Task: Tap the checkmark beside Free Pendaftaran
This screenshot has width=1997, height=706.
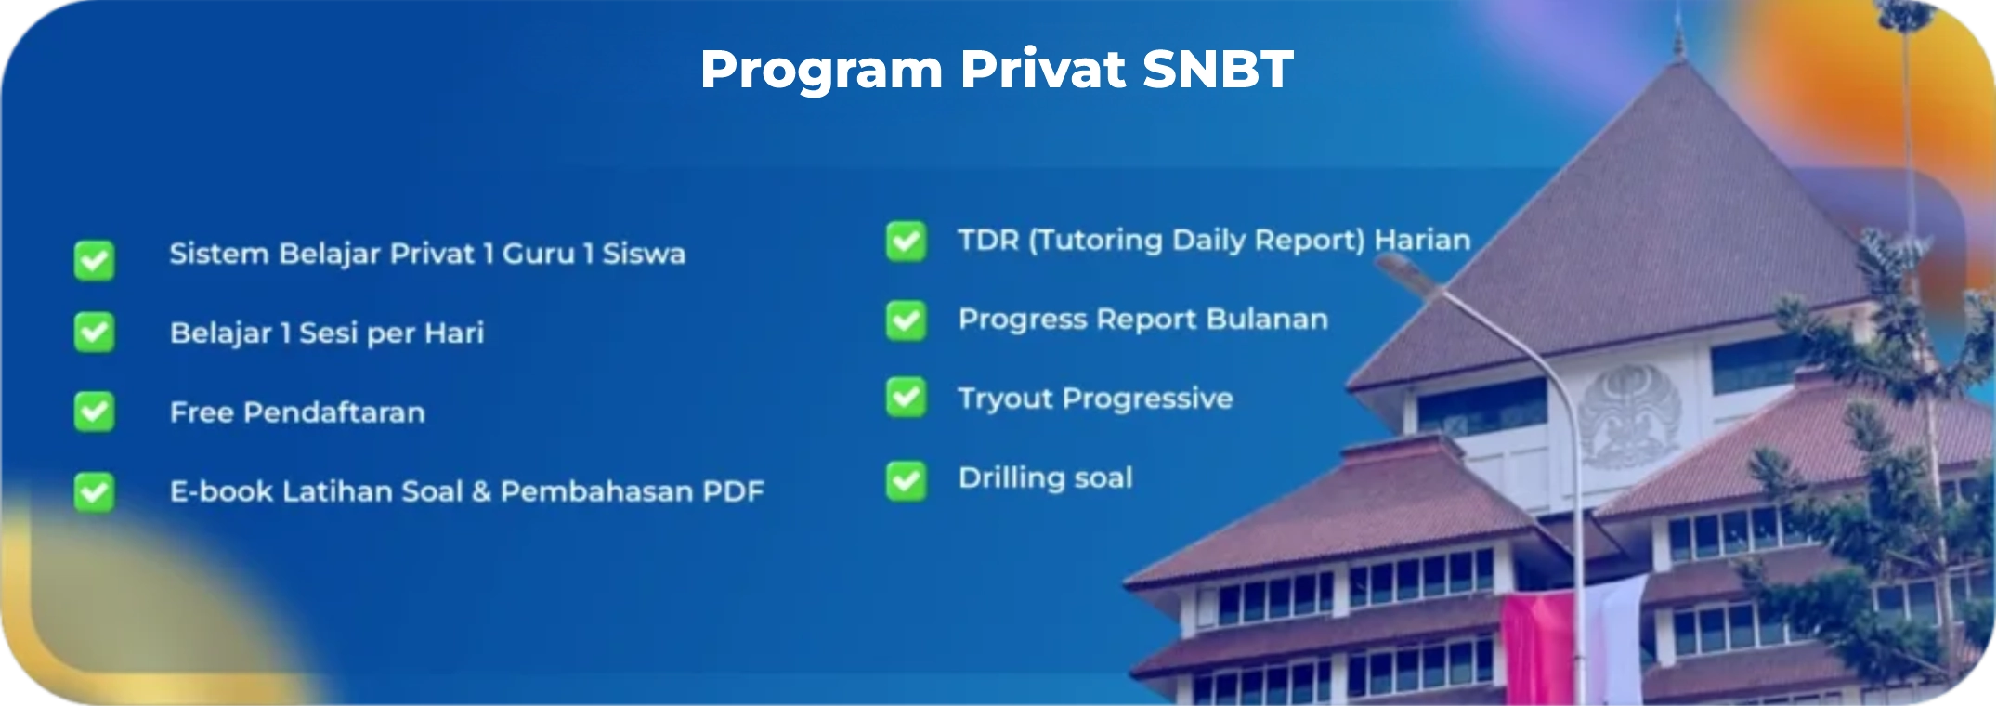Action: [x=95, y=412]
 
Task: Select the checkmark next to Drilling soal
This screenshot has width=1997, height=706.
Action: [x=906, y=480]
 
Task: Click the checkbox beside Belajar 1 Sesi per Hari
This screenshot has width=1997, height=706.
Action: [x=95, y=333]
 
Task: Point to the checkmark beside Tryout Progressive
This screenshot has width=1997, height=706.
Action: [x=906, y=398]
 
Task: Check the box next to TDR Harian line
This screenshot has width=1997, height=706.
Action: [x=906, y=242]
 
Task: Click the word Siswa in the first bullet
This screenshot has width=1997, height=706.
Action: [x=644, y=254]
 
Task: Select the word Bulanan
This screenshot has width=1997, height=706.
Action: [x=1267, y=319]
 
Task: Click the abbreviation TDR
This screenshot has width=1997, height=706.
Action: [x=988, y=240]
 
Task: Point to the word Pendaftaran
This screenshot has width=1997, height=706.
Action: [x=334, y=412]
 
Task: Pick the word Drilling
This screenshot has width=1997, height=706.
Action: [x=1012, y=478]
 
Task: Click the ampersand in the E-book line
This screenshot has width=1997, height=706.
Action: [x=481, y=491]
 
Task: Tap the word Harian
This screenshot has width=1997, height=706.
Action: [x=1422, y=240]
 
